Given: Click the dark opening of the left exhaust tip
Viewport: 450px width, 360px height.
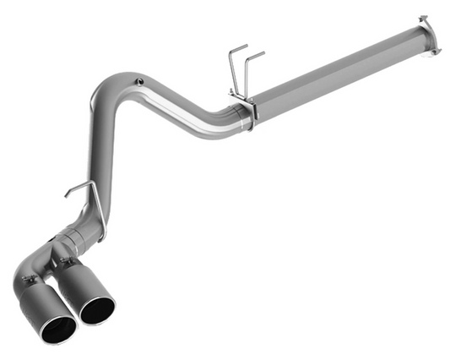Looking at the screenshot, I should coord(58,330).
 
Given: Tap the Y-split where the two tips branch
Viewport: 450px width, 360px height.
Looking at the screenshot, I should coord(61,249).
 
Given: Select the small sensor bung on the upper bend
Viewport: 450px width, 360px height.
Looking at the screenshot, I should coord(138,82).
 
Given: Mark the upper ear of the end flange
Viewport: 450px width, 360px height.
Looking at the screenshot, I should coord(423,18).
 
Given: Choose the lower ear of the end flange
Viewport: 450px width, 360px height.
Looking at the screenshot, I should coord(434,52).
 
